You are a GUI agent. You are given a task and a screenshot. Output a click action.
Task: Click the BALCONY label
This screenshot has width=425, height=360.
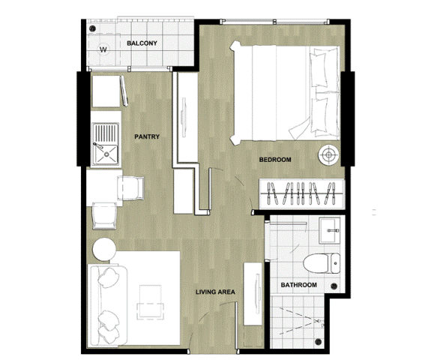point(142,43)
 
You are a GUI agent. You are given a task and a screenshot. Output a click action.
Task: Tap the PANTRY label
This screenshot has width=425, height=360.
point(147,136)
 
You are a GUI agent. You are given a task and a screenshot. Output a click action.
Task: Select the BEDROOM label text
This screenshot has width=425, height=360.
point(275,160)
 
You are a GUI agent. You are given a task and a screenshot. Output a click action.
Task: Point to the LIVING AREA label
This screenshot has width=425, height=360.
point(215,292)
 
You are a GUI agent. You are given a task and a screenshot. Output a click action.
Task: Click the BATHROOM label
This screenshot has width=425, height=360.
point(298,285)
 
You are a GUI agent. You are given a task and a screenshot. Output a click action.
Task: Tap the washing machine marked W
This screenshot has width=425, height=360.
point(103,49)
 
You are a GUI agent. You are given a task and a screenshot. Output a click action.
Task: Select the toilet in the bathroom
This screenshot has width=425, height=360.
point(322,263)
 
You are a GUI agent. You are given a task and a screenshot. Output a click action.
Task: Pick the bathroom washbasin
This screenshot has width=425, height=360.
point(330,230)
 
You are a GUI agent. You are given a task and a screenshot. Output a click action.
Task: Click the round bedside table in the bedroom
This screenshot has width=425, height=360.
point(329,155)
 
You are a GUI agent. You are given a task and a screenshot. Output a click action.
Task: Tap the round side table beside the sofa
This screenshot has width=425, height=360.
point(104,249)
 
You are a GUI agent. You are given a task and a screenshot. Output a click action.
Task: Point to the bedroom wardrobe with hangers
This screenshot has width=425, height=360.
point(302,193)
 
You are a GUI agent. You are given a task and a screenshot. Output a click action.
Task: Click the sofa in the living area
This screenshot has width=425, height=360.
point(109,305)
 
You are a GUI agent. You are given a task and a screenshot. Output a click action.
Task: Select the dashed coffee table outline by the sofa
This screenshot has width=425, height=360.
point(151,302)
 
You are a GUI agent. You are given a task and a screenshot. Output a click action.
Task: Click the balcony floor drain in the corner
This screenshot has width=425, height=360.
point(92,28)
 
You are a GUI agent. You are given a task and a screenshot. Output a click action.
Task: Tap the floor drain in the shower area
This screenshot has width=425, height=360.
point(319,342)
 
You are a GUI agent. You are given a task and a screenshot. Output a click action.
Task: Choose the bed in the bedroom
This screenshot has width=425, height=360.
point(285,93)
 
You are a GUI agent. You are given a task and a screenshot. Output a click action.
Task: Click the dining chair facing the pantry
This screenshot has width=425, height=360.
point(130,188)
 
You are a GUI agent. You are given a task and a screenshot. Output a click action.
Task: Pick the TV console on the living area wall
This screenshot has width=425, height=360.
point(253,294)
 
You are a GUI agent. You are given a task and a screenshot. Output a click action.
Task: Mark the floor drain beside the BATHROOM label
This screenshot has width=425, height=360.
point(334,286)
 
